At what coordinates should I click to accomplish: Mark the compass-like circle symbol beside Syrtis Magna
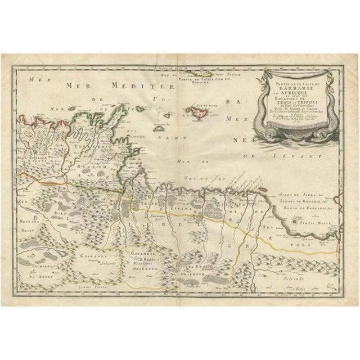(x=293, y=224)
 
